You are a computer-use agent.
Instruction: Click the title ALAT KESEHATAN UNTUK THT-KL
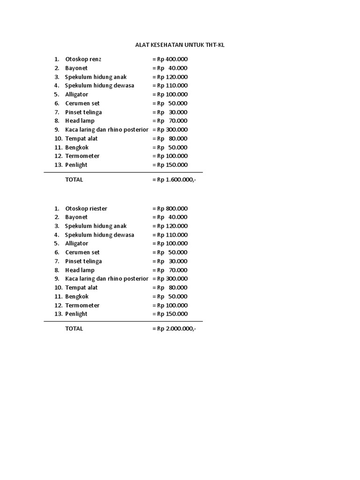[x=180, y=45]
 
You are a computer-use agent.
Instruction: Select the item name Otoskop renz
[x=83, y=60]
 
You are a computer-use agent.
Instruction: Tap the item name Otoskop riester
[x=86, y=209]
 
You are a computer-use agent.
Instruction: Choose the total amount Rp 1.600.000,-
[x=176, y=180]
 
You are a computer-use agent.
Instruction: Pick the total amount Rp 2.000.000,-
[x=176, y=329]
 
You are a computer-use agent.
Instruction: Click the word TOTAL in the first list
[x=74, y=180]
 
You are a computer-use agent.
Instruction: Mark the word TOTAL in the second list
[x=74, y=329]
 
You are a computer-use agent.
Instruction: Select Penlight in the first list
[x=76, y=165]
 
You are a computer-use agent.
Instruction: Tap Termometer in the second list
[x=82, y=305]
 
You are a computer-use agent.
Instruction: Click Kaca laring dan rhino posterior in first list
[x=106, y=130]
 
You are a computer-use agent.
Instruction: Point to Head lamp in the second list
[x=80, y=270]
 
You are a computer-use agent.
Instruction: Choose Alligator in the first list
[x=76, y=95]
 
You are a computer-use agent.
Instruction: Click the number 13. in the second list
[x=58, y=314]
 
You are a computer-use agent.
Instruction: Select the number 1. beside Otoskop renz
[x=57, y=60]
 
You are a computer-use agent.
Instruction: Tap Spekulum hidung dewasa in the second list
[x=99, y=235]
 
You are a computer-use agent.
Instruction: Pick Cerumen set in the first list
[x=82, y=103]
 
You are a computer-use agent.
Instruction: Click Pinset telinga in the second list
[x=83, y=262]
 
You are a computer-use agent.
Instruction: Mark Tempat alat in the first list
[x=82, y=139]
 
